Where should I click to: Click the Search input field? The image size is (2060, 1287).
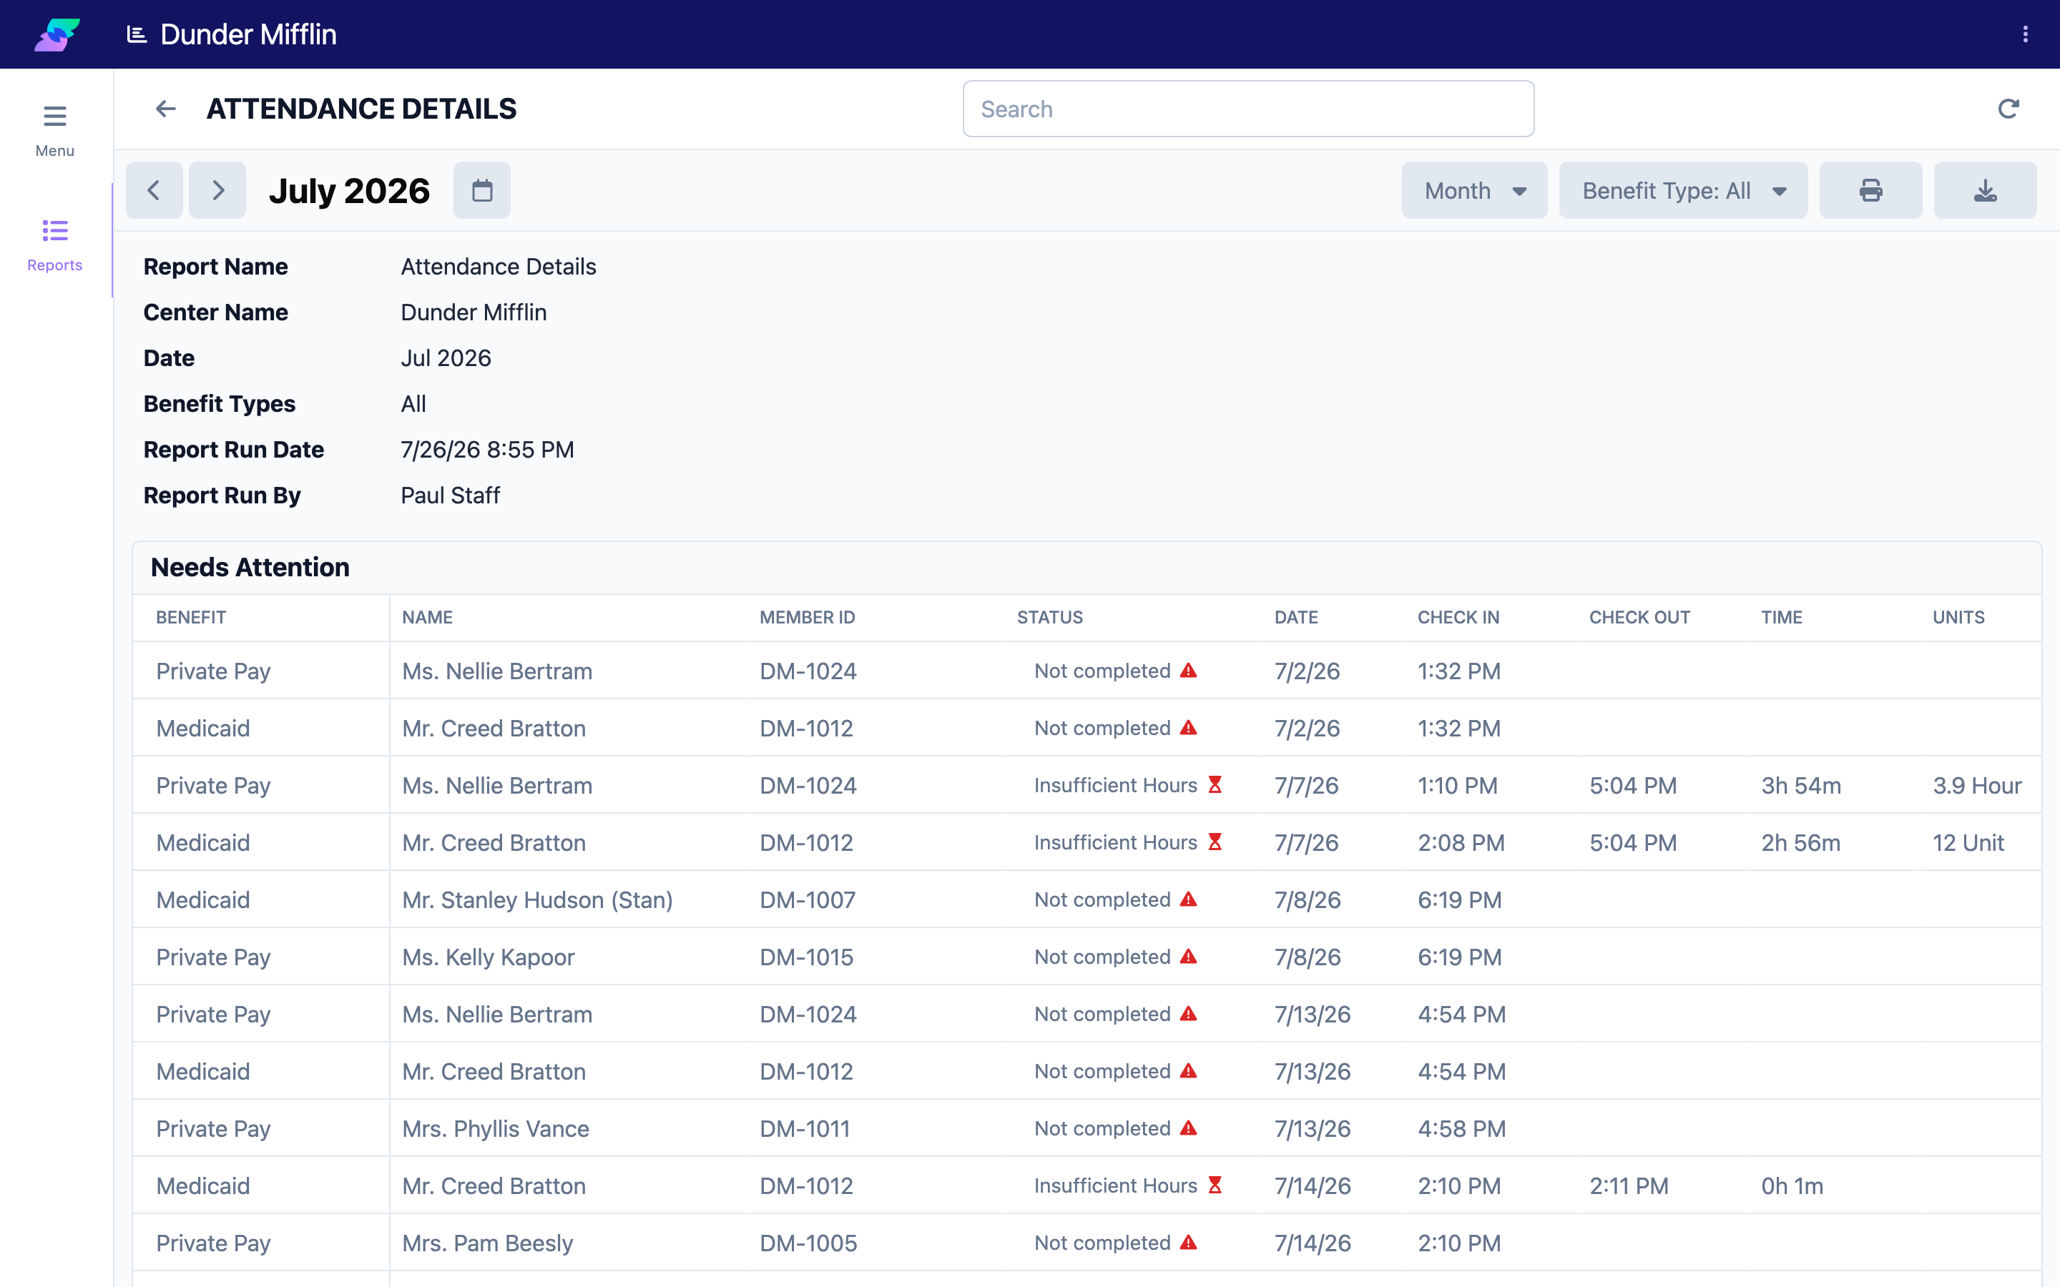click(1248, 109)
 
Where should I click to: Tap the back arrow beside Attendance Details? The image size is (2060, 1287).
click(166, 109)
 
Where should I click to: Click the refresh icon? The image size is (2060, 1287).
click(2008, 109)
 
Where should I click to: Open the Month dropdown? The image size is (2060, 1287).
click(1474, 191)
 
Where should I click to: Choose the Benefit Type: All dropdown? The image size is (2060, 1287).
click(1683, 191)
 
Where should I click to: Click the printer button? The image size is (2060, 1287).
click(1870, 191)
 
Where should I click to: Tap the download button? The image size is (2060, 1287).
click(1985, 191)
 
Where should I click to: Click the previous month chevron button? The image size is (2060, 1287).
click(154, 191)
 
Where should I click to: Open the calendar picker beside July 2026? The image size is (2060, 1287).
click(482, 191)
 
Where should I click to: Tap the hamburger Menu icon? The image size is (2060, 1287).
click(54, 116)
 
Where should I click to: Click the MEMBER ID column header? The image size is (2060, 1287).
click(807, 617)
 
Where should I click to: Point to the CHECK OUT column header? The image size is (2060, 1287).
click(1639, 617)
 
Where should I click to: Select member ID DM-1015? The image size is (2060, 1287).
click(806, 957)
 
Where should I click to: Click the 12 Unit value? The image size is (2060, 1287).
click(1968, 843)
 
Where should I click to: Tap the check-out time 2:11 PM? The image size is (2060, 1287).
click(1629, 1185)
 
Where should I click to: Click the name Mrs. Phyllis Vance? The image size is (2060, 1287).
click(496, 1129)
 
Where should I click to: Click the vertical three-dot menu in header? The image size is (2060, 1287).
click(2025, 34)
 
